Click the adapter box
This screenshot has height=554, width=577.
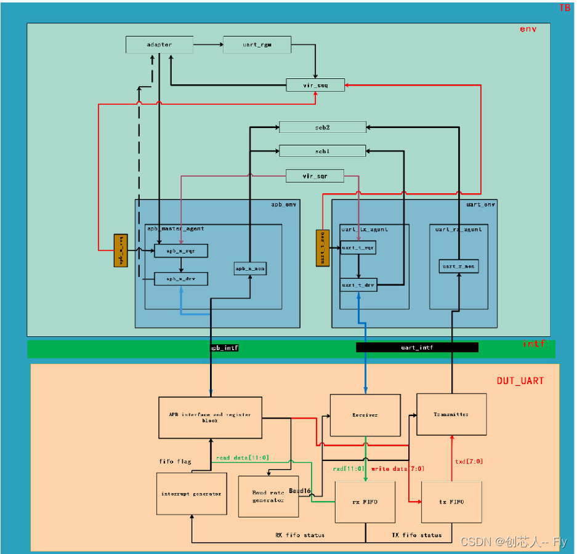(x=159, y=45)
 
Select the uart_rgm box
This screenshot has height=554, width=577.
(x=257, y=45)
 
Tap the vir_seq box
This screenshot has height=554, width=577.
(x=315, y=85)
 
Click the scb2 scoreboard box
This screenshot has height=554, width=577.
(x=323, y=127)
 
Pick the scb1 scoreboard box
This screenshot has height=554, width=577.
(x=323, y=151)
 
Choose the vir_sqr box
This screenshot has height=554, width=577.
(x=315, y=176)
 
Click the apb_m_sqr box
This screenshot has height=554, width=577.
(x=181, y=251)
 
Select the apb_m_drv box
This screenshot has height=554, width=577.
(x=181, y=279)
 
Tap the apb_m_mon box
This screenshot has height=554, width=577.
(x=250, y=268)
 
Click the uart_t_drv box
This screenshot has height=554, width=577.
(x=358, y=285)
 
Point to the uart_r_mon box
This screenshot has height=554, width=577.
(x=459, y=266)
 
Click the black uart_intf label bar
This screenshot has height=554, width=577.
(x=417, y=348)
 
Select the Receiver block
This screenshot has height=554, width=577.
(x=365, y=415)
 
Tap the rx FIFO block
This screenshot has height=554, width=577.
(x=365, y=502)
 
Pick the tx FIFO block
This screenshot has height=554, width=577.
(x=451, y=502)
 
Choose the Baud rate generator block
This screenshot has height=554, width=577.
(x=268, y=496)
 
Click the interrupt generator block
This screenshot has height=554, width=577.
(x=191, y=494)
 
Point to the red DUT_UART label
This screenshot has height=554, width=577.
(x=520, y=381)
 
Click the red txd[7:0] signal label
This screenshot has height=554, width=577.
(x=469, y=461)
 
